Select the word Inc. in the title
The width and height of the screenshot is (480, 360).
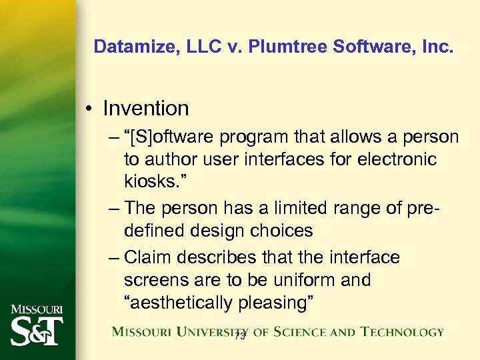437,47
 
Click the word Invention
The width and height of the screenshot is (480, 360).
146,108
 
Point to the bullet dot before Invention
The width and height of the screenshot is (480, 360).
90,109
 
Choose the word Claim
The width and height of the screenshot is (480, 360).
149,257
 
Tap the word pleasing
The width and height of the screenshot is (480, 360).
278,303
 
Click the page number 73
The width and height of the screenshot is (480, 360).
240,337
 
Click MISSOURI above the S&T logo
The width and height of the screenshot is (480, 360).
37,309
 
